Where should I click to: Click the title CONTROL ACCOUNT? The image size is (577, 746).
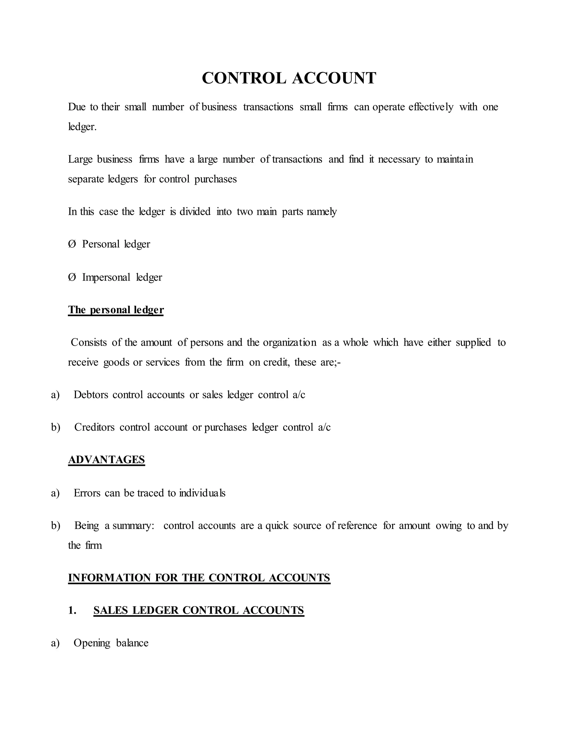[289, 78]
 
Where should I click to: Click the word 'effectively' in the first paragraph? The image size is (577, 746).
[431, 107]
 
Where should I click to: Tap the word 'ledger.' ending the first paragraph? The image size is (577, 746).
[82, 127]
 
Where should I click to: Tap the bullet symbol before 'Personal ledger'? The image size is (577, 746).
[72, 244]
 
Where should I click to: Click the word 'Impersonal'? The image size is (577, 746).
[106, 277]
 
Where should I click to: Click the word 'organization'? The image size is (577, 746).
[290, 342]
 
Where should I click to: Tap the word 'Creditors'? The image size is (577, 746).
[94, 427]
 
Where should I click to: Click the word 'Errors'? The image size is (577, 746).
[87, 493]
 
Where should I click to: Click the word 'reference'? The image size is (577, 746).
[357, 525]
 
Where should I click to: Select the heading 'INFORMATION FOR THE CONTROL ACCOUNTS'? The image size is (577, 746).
[199, 578]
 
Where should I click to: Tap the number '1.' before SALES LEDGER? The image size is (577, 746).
[72, 610]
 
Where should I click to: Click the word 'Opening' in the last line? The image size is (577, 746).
[92, 643]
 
